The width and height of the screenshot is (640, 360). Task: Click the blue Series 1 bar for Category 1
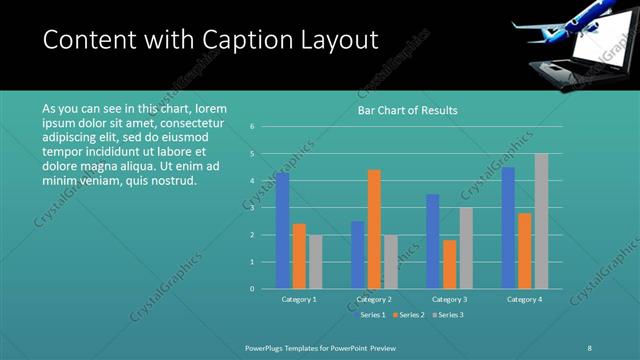[283, 231]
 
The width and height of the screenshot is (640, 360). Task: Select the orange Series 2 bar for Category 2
[374, 229]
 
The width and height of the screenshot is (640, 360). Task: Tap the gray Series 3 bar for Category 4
[541, 221]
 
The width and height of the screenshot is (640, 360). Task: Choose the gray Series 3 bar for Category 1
[316, 262]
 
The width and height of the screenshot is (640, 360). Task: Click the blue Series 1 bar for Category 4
[508, 228]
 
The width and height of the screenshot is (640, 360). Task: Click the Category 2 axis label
[373, 299]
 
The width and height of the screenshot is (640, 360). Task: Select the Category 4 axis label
[524, 299]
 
